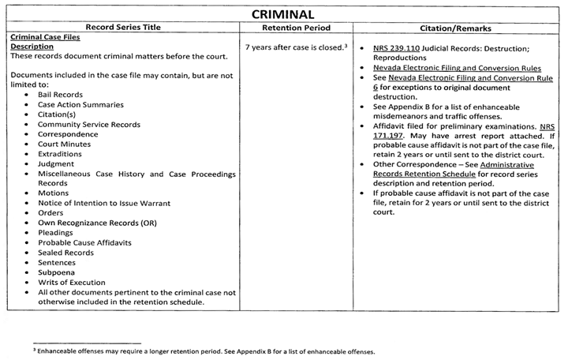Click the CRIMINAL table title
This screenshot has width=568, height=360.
point(283,14)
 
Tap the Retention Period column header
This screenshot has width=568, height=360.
point(296,28)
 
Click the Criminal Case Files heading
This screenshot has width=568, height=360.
point(44,37)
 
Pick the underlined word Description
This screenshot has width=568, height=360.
point(32,47)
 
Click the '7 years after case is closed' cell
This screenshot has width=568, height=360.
point(297,47)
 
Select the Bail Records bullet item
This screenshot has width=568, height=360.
point(60,95)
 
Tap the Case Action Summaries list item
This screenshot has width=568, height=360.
point(80,105)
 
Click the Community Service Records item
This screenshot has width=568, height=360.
point(89,125)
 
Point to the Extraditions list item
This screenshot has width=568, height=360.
point(60,154)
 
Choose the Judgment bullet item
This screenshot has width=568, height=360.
point(56,164)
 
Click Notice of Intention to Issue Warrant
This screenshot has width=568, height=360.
point(98,203)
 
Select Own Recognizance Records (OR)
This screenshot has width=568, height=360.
point(97,223)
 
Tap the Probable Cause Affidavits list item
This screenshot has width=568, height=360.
point(87,242)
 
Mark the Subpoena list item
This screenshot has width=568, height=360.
point(56,272)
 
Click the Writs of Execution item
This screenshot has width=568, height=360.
point(72,283)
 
